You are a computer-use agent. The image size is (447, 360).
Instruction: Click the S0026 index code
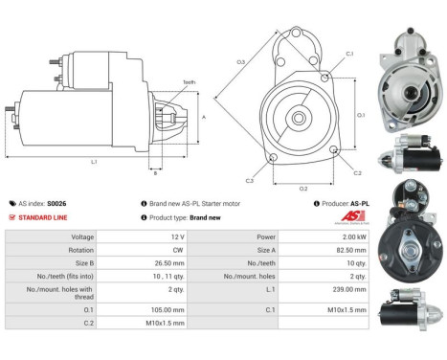tap(58, 204)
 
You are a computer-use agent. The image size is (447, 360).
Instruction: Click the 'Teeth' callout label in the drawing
tap(190, 82)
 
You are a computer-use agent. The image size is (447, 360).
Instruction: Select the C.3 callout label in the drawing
tap(249, 181)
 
